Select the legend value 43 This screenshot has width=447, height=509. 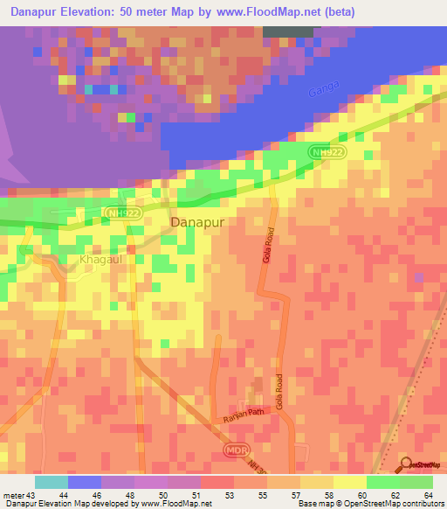pyautogui.click(x=29, y=496)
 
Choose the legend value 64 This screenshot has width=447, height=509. pyautogui.click(x=428, y=496)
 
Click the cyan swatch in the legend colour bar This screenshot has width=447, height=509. pyautogui.click(x=52, y=482)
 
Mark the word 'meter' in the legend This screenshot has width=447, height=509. pyautogui.click(x=12, y=496)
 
